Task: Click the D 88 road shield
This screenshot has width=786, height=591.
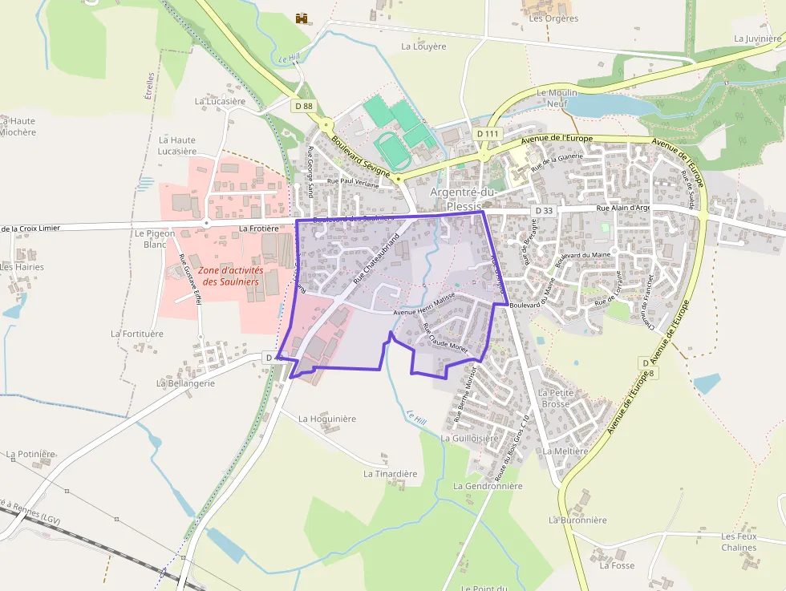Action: click(303, 105)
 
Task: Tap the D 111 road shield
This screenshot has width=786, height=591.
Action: click(487, 133)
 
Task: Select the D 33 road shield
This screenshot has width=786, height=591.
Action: click(543, 210)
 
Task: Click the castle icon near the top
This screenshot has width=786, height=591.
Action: click(302, 18)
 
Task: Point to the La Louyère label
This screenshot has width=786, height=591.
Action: click(423, 47)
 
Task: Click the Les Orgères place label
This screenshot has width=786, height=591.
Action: click(553, 18)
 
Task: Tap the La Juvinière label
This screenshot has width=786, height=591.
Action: click(758, 38)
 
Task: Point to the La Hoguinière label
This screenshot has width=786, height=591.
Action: click(327, 419)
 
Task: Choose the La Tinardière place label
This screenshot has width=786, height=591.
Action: click(391, 474)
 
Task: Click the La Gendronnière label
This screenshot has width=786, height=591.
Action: click(488, 486)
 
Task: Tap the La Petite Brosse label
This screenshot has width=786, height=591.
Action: click(555, 398)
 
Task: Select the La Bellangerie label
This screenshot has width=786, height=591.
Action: click(185, 383)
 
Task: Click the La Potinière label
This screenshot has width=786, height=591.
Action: click(31, 454)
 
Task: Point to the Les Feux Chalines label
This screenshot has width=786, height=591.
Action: click(739, 542)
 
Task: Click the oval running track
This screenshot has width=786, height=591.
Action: click(391, 148)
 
